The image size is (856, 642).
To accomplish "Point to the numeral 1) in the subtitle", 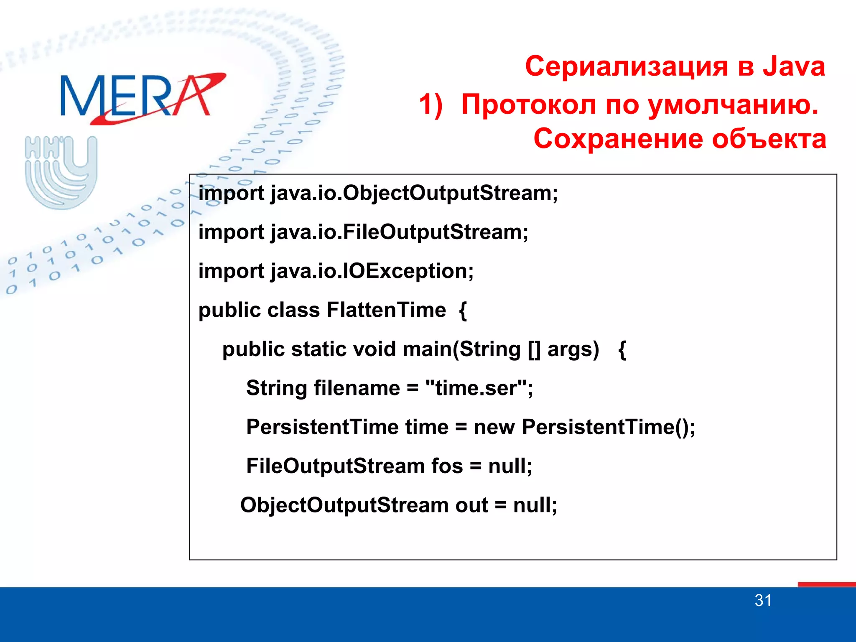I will pyautogui.click(x=431, y=104).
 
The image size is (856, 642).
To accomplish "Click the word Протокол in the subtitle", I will pyautogui.click(x=528, y=104).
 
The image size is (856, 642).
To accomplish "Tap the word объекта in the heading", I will pyautogui.click(x=769, y=139).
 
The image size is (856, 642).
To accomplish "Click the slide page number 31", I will pyautogui.click(x=763, y=601).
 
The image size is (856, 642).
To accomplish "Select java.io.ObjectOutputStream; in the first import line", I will pyautogui.click(x=414, y=194).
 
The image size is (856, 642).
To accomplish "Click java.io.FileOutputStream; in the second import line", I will pyautogui.click(x=399, y=232).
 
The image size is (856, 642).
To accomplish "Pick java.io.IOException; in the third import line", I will pyautogui.click(x=372, y=271).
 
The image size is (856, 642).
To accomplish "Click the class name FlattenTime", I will pyautogui.click(x=386, y=310).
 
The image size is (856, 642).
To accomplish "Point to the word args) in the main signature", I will pyautogui.click(x=573, y=349).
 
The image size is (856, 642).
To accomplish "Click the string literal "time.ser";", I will pyautogui.click(x=479, y=388).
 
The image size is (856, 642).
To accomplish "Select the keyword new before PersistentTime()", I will pyautogui.click(x=494, y=427).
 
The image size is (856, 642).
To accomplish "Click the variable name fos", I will pyautogui.click(x=447, y=466).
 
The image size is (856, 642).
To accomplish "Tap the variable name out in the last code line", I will pyautogui.click(x=471, y=505).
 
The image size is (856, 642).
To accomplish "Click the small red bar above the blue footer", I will pyautogui.click(x=826, y=584).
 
